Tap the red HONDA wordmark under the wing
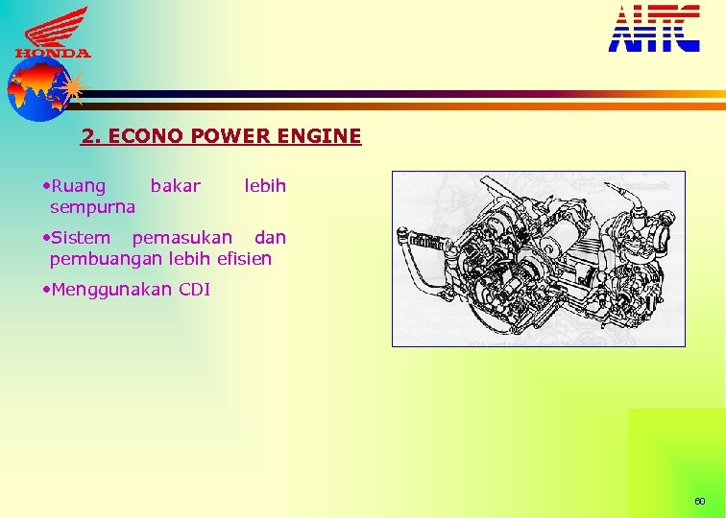[x=53, y=54]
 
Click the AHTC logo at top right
[x=654, y=28]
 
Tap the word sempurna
[x=92, y=206]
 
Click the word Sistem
[x=81, y=237]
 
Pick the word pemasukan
[x=181, y=237]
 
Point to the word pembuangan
[x=106, y=259]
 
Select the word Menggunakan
[x=111, y=290]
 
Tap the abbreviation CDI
[x=195, y=289]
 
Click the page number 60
[x=699, y=502]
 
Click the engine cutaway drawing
[x=538, y=258]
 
